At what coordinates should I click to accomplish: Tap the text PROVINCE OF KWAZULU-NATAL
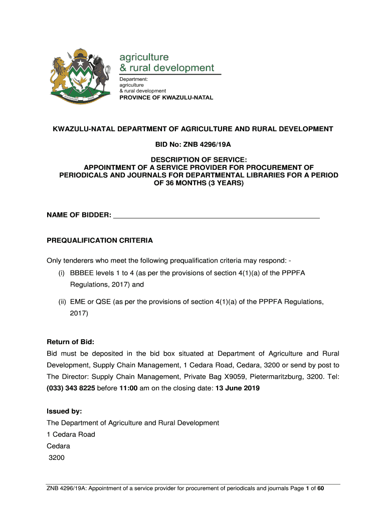[x=166, y=98]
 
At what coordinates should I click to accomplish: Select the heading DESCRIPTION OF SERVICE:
[x=193, y=160]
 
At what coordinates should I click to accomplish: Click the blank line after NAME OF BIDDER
[x=217, y=215]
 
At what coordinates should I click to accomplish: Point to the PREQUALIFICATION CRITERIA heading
[x=100, y=240]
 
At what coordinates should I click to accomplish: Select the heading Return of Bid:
[x=70, y=342]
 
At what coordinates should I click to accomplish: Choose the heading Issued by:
[x=64, y=411]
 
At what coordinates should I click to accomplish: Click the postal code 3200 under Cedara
[x=57, y=457]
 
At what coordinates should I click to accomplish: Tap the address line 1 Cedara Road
[x=71, y=434]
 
